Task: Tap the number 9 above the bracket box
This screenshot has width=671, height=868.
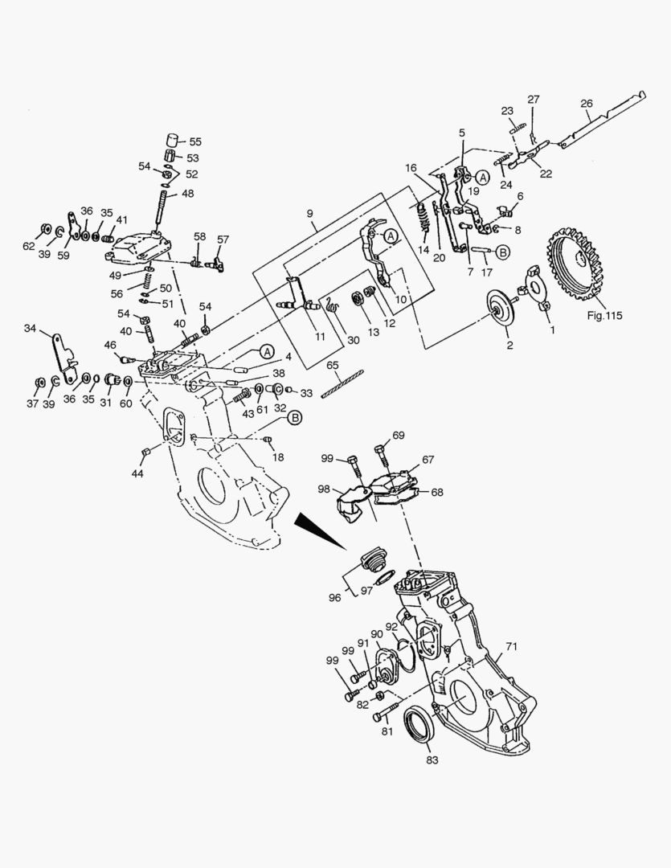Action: [309, 215]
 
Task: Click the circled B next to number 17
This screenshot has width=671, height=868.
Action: [502, 252]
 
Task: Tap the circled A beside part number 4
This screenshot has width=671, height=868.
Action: [266, 352]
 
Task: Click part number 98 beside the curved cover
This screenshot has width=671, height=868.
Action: [324, 489]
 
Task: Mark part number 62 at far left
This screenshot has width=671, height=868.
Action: [29, 247]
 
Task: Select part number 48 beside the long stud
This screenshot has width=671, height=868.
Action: [187, 194]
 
